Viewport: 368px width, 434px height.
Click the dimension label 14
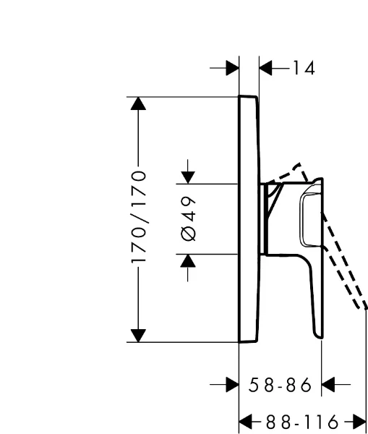304,68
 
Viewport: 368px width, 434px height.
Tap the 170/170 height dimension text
138,217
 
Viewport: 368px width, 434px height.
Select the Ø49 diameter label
188,218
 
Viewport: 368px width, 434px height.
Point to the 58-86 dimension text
280,385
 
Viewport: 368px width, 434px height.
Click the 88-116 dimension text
302,422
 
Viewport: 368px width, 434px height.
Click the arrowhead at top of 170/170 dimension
138,103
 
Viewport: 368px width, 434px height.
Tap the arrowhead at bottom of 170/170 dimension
138,336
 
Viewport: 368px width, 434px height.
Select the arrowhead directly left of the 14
266,68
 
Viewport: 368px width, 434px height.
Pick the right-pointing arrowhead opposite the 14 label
232,68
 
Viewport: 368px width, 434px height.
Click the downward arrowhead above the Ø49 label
188,177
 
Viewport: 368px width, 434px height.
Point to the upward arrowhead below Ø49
188,260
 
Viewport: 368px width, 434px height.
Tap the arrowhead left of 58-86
232,385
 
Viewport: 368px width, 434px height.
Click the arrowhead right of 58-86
328,385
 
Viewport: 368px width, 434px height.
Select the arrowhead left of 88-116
246,422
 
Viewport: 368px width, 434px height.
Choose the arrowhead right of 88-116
359,422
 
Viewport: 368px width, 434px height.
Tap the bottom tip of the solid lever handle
320,337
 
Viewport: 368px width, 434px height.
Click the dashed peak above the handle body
299,164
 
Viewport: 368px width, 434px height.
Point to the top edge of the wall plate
248,96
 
